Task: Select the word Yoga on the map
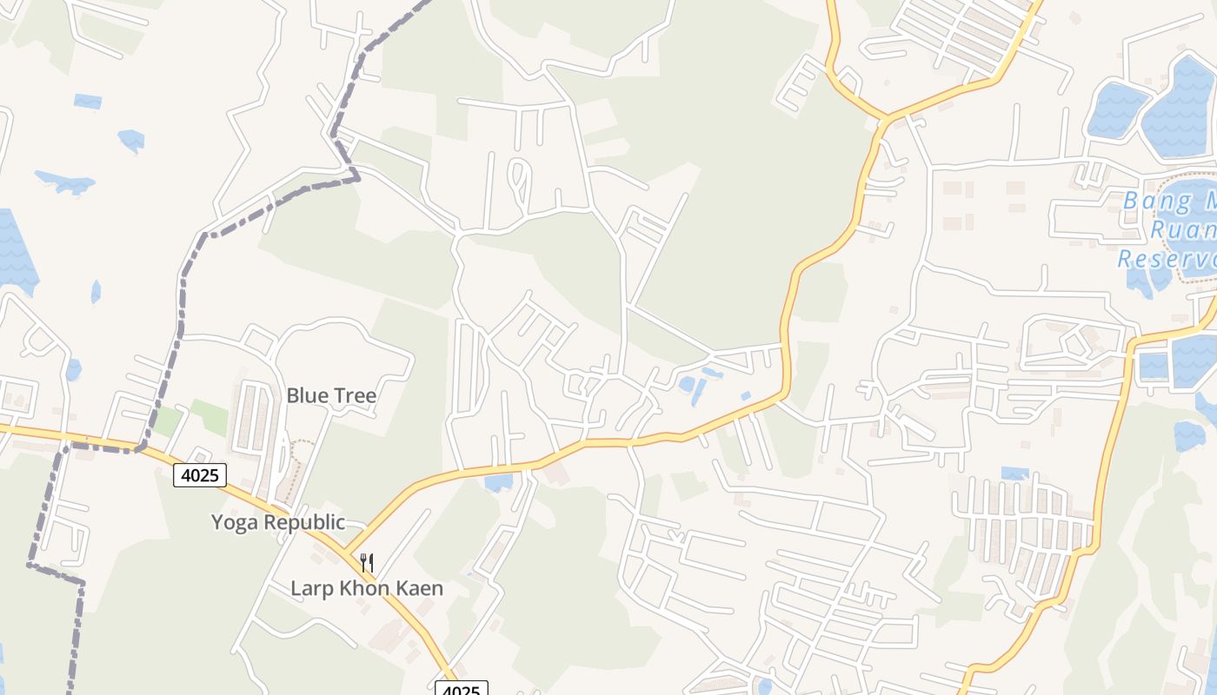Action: (236, 523)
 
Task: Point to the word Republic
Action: (304, 523)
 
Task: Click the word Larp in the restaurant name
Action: (310, 588)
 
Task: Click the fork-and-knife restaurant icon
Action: (367, 563)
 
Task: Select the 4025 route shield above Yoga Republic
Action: (200, 474)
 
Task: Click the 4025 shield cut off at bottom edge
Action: (462, 689)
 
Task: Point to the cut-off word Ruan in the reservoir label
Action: (1182, 230)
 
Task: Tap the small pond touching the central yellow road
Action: (499, 480)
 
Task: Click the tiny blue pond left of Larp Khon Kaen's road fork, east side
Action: (470, 573)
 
